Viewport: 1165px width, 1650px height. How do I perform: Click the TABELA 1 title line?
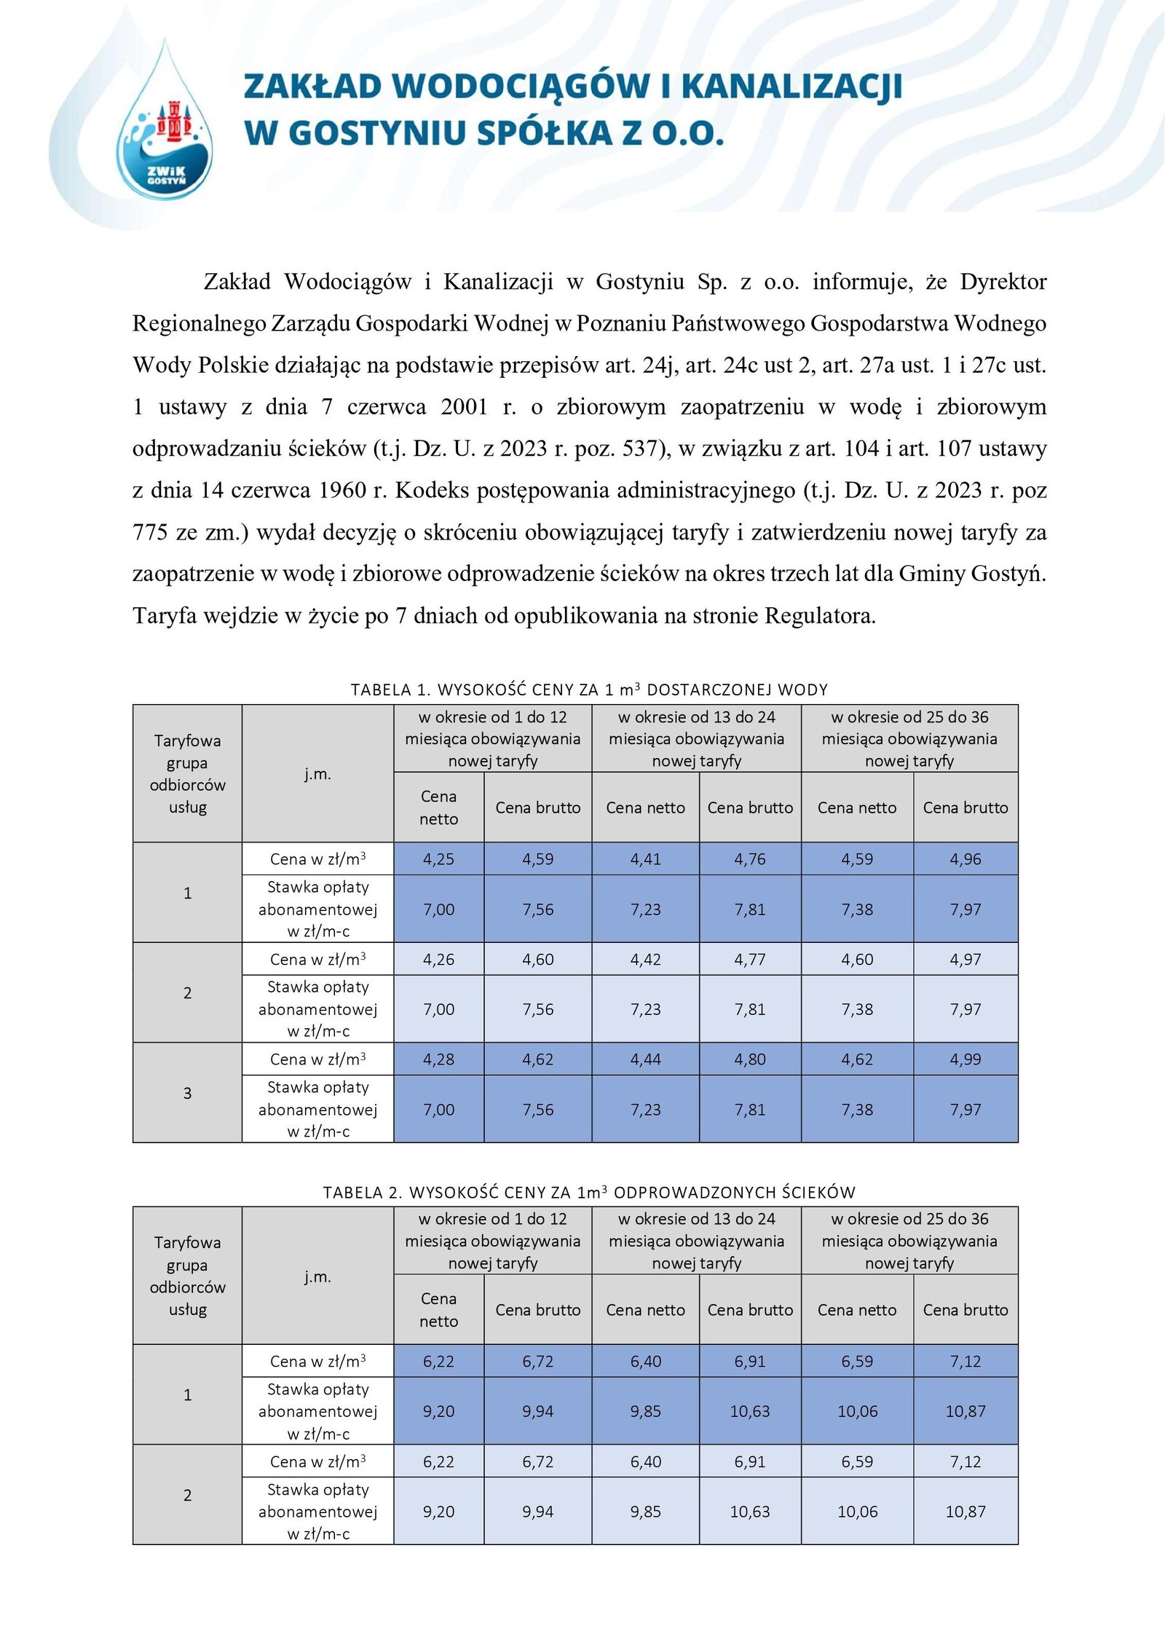tap(589, 689)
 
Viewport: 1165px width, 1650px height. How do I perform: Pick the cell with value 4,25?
tap(438, 858)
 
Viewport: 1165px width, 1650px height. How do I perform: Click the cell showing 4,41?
tap(645, 858)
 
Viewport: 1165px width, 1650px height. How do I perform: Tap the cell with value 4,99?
tap(965, 1059)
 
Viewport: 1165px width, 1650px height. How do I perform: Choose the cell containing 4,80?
tap(750, 1059)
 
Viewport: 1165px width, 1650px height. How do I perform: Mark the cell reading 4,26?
tap(438, 959)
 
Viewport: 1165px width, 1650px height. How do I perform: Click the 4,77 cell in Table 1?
tap(750, 959)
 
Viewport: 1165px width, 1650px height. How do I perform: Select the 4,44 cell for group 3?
tap(645, 1059)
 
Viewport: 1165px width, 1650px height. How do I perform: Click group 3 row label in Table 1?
tap(187, 1092)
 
